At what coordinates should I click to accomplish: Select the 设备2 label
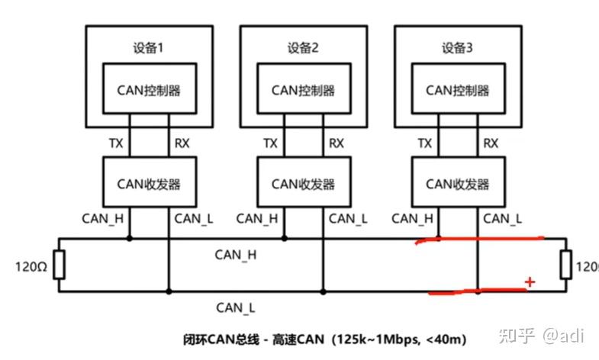(303, 48)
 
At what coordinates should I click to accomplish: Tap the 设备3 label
(458, 48)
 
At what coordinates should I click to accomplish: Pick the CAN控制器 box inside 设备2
(303, 90)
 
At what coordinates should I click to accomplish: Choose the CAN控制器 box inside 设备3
(457, 90)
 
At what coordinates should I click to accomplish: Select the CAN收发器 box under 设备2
(303, 184)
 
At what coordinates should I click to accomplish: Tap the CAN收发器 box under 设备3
(457, 184)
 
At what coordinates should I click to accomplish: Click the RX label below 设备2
(336, 143)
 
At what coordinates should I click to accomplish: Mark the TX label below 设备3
(423, 143)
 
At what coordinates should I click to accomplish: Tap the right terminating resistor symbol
(565, 265)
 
